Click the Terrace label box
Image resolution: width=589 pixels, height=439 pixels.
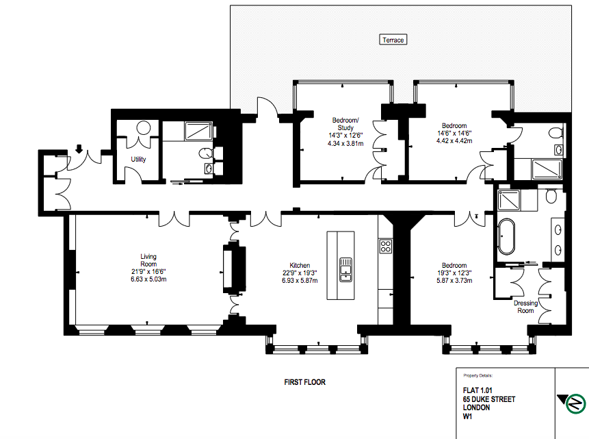(393, 40)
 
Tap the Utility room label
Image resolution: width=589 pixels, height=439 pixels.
(138, 159)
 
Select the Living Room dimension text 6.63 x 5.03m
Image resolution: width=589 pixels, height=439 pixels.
(148, 279)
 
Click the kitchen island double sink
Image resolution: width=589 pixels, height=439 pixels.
(345, 269)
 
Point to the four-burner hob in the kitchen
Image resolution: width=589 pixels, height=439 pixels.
(385, 247)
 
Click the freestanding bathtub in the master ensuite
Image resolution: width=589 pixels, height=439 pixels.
(506, 236)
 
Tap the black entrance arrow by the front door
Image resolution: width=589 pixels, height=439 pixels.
(79, 149)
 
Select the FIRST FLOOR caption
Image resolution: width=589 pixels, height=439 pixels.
(304, 382)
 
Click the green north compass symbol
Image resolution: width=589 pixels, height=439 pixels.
(575, 403)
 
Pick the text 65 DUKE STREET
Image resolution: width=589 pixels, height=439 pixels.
(488, 399)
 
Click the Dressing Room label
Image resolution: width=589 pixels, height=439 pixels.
(525, 307)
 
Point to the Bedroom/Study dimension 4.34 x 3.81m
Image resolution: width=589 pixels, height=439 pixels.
(345, 143)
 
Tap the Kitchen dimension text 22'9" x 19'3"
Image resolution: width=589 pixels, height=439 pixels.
(300, 273)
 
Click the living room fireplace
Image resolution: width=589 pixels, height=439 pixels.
(235, 268)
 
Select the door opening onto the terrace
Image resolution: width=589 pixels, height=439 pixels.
(267, 109)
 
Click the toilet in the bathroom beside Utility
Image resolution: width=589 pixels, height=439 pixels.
(206, 153)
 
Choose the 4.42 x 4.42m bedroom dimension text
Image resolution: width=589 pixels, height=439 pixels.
(454, 140)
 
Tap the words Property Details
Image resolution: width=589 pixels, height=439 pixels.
(477, 375)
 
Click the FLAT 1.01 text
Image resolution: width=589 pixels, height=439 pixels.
(477, 390)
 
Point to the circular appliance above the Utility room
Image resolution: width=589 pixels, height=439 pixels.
(144, 127)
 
